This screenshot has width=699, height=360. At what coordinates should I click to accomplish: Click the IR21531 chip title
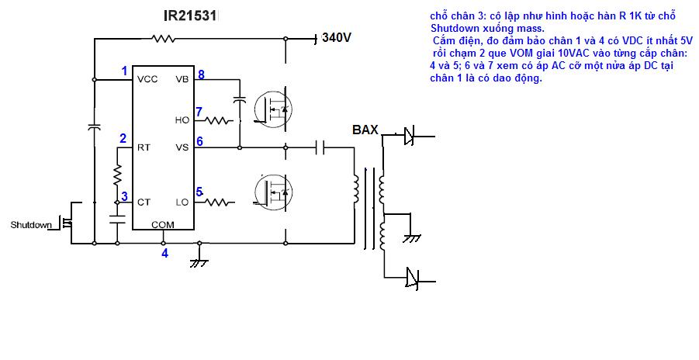point(190,16)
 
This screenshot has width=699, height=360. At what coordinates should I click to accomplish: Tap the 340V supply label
point(337,37)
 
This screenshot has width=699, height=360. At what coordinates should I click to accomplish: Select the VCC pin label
point(147,79)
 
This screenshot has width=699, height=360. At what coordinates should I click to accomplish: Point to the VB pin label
point(182,79)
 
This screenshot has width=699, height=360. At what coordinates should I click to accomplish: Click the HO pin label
point(182,120)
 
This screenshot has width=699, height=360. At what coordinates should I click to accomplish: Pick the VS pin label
point(182,147)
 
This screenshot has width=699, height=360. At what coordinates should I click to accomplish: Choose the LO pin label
point(182,202)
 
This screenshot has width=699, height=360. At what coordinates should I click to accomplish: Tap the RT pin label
point(144,147)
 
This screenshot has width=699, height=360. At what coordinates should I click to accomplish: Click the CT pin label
point(144,202)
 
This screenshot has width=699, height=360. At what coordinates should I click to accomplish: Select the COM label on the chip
point(163,225)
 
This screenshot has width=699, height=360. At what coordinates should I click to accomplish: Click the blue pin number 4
point(165,254)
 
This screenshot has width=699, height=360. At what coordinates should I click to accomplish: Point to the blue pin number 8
point(201,74)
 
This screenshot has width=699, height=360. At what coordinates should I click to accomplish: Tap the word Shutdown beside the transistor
point(31,225)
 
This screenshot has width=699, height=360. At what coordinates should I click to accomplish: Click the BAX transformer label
point(365,130)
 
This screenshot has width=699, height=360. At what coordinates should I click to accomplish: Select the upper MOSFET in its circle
point(272,109)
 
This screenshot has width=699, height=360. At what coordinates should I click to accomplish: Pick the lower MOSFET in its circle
point(272,192)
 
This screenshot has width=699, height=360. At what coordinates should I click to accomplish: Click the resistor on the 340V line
point(163,39)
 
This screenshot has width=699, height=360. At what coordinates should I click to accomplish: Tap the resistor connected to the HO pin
point(219,120)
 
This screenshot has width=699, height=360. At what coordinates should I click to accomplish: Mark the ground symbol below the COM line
point(199,261)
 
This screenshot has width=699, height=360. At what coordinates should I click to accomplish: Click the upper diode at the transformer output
point(409,136)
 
